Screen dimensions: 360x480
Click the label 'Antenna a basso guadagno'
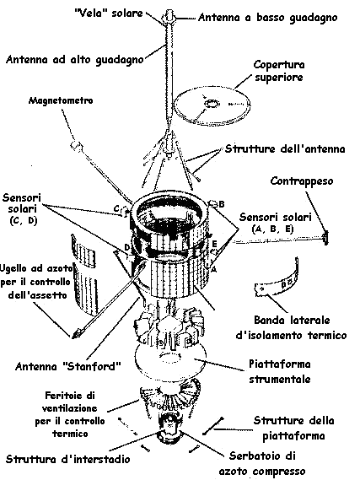pyautogui.click(x=267, y=18)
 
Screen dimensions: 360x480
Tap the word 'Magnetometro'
pyautogui.click(x=61, y=100)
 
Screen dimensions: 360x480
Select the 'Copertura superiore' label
pyautogui.click(x=278, y=71)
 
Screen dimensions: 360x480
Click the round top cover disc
pyautogui.click(x=212, y=106)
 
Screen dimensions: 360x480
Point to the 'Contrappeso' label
pyautogui.click(x=302, y=181)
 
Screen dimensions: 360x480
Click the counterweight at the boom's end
pyautogui.click(x=325, y=238)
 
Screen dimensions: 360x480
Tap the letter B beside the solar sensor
pyautogui.click(x=222, y=204)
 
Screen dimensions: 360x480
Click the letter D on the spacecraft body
pyautogui.click(x=127, y=247)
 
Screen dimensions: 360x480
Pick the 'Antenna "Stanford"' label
pyautogui.click(x=68, y=366)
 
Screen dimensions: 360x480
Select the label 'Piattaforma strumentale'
pyautogui.click(x=280, y=371)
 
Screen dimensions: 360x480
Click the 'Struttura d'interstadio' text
pyautogui.click(x=68, y=459)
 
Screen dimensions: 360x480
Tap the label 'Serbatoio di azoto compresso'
pyautogui.click(x=262, y=463)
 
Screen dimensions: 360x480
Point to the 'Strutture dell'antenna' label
pyautogui.click(x=285, y=149)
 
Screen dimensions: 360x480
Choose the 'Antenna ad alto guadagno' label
pyautogui.click(x=75, y=59)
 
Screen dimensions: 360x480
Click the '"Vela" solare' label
pyautogui.click(x=109, y=13)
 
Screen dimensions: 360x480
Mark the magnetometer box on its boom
pyautogui.click(x=76, y=144)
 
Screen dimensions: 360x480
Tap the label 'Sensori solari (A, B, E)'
pyautogui.click(x=275, y=223)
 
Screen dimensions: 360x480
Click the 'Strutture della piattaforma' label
pyautogui.click(x=293, y=428)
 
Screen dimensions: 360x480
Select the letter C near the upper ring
pyautogui.click(x=117, y=208)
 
